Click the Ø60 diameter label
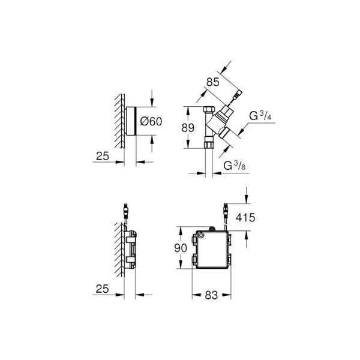point(151,122)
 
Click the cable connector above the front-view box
point(225,212)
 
